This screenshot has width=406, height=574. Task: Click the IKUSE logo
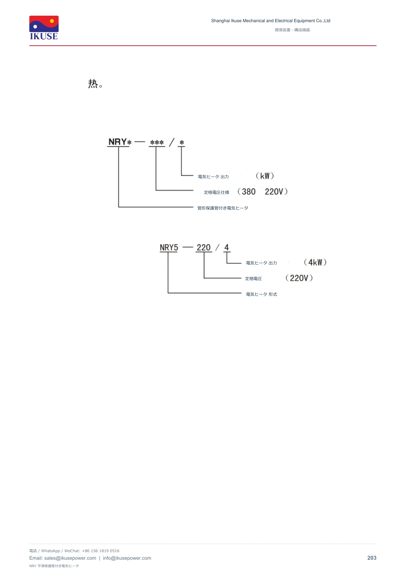[x=44, y=28]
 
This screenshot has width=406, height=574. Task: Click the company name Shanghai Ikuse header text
[x=270, y=21]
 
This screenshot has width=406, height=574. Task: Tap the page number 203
[x=372, y=558]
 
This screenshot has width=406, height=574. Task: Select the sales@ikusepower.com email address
[x=70, y=558]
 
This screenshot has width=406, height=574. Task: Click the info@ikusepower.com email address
[x=127, y=558]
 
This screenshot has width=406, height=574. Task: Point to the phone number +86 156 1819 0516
[x=101, y=551]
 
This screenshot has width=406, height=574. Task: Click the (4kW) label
[x=315, y=262]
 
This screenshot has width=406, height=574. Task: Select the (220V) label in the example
[x=299, y=278]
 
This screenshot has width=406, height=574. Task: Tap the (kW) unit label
[x=265, y=176]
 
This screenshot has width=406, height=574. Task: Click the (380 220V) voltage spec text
[x=262, y=192]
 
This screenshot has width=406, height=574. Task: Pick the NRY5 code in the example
[x=169, y=247]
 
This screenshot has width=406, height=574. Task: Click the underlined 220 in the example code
[x=204, y=247]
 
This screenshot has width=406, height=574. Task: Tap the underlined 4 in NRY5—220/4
[x=227, y=247]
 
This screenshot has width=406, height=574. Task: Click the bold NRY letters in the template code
[x=117, y=142]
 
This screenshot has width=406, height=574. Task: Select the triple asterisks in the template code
[x=157, y=142]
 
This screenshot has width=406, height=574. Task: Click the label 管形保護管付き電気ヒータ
[x=223, y=208]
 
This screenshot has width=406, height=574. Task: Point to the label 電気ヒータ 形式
[x=261, y=294]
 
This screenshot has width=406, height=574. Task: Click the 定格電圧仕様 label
[x=216, y=193]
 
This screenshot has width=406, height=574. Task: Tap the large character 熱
[x=93, y=84]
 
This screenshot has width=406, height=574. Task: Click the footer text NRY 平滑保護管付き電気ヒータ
[x=54, y=566]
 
